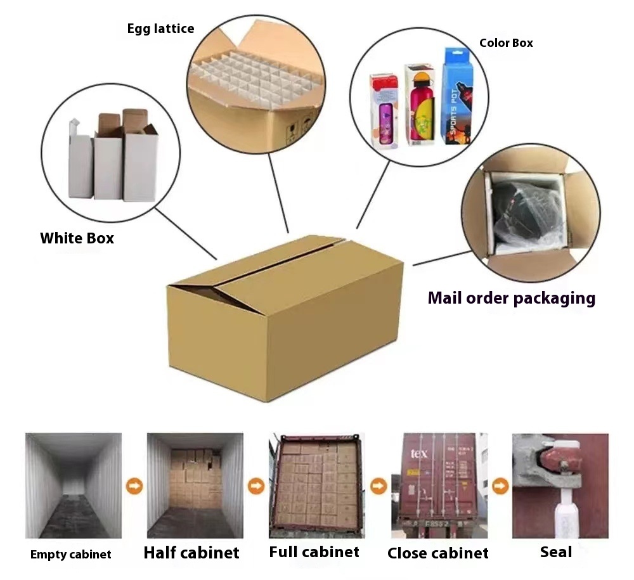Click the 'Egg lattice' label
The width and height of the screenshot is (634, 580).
coord(160,29)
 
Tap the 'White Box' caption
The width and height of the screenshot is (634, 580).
coord(77,238)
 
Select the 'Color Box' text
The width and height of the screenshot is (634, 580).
coord(506,43)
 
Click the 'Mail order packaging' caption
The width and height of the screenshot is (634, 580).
coord(511,298)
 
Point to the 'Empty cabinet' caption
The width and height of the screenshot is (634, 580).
coord(70,555)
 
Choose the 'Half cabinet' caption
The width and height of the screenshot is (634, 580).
coord(191,553)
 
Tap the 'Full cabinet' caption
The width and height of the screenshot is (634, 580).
coord(314,552)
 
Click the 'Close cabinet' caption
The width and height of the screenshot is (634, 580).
coord(438,553)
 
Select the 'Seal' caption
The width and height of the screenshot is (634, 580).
coord(556,552)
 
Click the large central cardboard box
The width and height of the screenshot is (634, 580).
coord(285,317)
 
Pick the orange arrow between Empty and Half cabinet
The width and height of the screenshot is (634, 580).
coord(134,487)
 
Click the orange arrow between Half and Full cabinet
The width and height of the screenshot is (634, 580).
coord(256,487)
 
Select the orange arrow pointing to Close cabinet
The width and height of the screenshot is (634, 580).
coord(378,487)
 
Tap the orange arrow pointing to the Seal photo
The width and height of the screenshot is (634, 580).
coord(500,487)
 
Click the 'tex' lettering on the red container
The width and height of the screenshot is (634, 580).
coord(419,453)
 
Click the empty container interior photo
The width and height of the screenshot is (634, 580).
coord(73,485)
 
